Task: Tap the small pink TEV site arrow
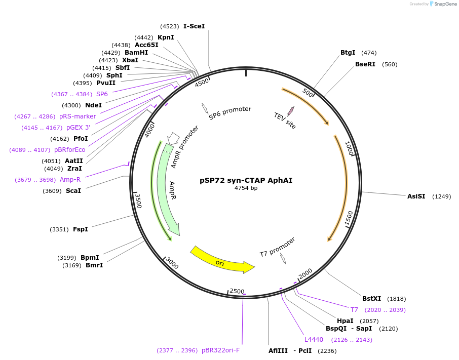pos(291,111)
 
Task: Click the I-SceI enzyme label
pos(194,26)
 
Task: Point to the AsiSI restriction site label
pos(416,196)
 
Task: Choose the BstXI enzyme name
pos(371,299)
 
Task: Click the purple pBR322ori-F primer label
pos(221,350)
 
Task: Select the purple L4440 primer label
pos(314,340)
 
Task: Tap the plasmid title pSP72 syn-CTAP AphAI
pos(246,180)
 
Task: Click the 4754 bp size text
pos(246,188)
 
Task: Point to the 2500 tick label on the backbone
pos(237,291)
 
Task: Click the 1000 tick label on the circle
pos(349,148)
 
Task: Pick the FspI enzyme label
pos(81,229)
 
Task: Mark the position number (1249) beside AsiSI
pos(442,196)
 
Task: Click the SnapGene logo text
pos(445,4)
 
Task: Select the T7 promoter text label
pos(277,247)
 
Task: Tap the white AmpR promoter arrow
pos(174,138)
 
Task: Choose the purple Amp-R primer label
pos(70,180)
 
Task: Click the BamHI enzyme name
pos(136,53)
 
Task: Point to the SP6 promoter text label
pos(230,113)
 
